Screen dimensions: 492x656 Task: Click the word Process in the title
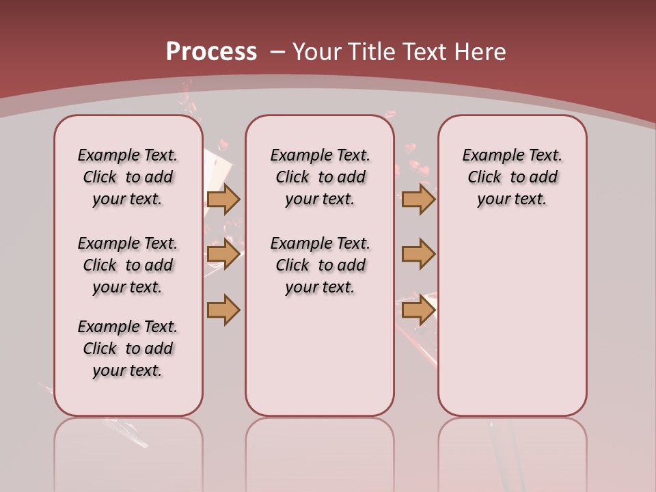click(x=211, y=51)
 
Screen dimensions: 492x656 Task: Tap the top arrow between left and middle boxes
click(x=223, y=199)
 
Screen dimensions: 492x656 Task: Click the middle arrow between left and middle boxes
click(x=223, y=254)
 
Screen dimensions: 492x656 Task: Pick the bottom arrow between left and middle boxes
click(x=223, y=310)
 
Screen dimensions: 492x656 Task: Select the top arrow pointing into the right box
click(x=418, y=199)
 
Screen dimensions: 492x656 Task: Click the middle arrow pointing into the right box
click(x=418, y=254)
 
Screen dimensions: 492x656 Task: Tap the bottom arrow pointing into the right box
click(x=418, y=310)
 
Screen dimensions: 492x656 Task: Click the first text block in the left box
click(x=128, y=177)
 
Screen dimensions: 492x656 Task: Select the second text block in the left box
click(x=128, y=265)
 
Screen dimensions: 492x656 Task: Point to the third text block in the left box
click(x=128, y=348)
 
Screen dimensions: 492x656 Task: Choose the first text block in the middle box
click(x=320, y=177)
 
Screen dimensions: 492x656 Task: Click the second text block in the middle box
click(x=320, y=265)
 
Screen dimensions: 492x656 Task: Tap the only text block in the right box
click(x=512, y=177)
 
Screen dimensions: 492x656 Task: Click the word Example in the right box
click(x=487, y=155)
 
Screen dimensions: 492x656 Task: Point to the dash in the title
click(x=277, y=52)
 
